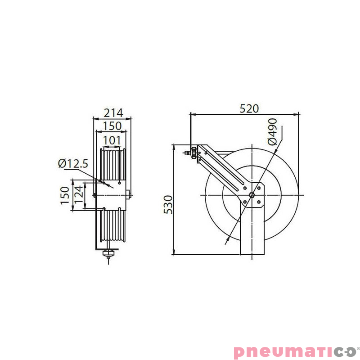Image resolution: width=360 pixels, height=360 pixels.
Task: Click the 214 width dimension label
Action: [112, 112]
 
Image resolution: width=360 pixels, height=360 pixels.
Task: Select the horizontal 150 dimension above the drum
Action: [112, 126]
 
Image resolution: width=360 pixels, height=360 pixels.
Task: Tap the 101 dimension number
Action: [112, 140]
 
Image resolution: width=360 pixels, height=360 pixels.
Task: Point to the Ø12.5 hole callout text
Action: [73, 164]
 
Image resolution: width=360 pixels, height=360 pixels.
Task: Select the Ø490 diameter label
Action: [273, 131]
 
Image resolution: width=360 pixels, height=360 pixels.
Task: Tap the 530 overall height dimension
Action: [167, 205]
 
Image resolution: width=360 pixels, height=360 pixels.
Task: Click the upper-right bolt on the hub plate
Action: [259, 187]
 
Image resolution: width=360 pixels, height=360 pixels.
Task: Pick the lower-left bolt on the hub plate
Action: [244, 202]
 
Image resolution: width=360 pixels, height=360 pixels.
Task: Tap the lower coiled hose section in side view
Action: [112, 225]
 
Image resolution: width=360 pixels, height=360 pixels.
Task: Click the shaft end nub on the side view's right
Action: [129, 195]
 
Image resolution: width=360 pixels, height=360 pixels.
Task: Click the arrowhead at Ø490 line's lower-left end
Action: [226, 240]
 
